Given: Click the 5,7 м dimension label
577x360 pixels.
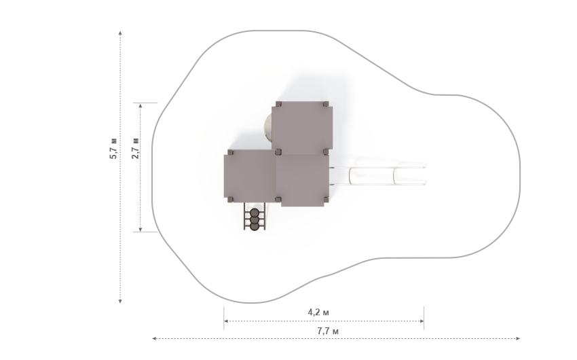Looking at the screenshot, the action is (x=114, y=148).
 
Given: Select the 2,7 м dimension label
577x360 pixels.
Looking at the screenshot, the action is (x=135, y=148).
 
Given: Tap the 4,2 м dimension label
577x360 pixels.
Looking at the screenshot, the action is (x=318, y=312).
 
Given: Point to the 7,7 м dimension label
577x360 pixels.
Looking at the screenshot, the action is (x=328, y=331).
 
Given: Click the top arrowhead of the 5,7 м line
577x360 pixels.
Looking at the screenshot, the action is (x=120, y=33).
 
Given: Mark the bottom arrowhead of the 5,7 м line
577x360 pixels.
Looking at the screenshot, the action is (x=120, y=301).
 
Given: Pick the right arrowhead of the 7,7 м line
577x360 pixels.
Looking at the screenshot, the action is (x=518, y=339).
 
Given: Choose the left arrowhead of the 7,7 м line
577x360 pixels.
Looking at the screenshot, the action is (x=155, y=339).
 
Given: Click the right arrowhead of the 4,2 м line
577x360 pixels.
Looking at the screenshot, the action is (x=422, y=321).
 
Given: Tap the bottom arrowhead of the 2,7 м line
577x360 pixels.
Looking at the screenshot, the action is (x=141, y=230).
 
